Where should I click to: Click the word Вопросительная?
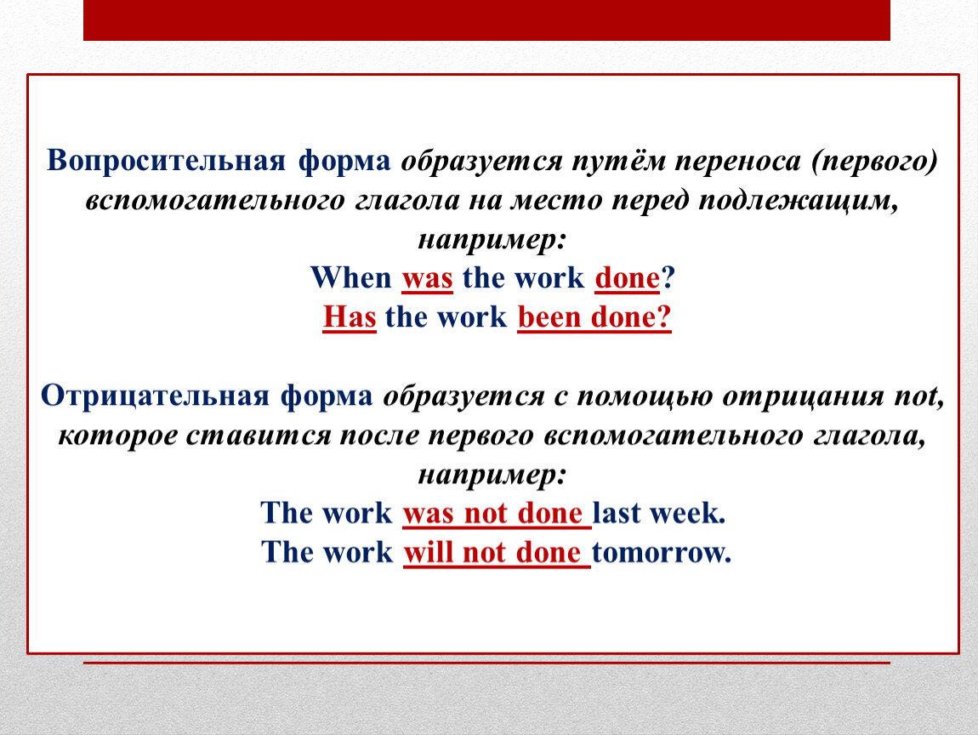166,161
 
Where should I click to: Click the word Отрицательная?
156,396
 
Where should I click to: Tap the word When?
351,277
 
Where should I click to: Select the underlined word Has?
350,317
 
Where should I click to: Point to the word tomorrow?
661,552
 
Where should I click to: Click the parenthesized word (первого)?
874,162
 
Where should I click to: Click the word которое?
118,436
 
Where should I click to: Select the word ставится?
259,436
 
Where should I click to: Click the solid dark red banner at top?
486,20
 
